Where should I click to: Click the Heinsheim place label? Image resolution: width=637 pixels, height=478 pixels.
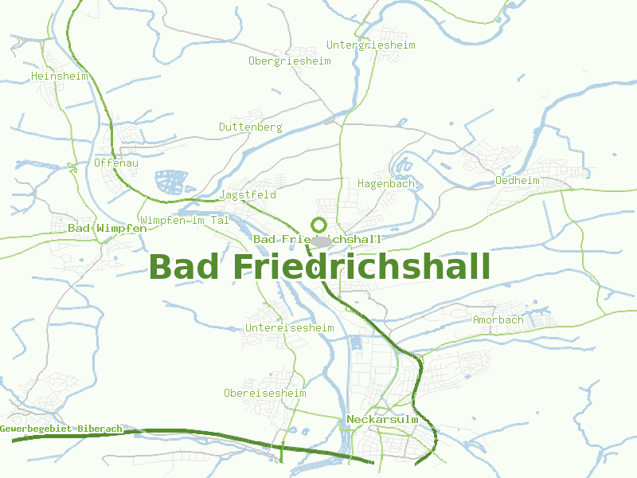(59, 76)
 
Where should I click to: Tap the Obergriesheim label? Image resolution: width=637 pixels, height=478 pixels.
(289, 61)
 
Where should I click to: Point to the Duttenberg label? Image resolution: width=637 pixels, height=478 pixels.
(250, 127)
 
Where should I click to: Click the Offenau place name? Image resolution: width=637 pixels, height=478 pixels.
(116, 163)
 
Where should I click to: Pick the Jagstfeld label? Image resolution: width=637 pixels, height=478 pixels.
(247, 195)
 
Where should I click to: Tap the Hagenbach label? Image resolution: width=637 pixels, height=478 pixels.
(386, 184)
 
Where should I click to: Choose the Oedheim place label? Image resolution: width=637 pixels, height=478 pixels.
(517, 181)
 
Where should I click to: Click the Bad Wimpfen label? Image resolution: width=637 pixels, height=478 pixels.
(107, 229)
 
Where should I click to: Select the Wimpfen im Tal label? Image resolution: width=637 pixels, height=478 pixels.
(184, 220)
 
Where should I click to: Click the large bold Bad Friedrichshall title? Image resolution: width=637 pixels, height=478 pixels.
(319, 267)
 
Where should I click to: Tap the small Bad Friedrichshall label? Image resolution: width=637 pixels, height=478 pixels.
(317, 240)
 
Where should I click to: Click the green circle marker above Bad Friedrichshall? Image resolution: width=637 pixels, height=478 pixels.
(319, 224)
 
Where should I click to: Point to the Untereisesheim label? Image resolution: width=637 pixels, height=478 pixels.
(290, 327)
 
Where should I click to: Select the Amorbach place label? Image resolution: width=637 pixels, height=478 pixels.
(498, 320)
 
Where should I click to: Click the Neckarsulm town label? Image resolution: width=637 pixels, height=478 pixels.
(382, 420)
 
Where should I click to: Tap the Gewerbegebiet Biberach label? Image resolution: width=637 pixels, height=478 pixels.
(61, 429)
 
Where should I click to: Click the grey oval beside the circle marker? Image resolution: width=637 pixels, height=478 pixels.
(322, 240)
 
